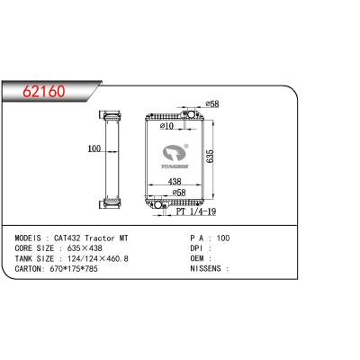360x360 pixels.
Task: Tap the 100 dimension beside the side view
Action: coord(94,149)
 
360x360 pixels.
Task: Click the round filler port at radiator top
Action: coord(192,115)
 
